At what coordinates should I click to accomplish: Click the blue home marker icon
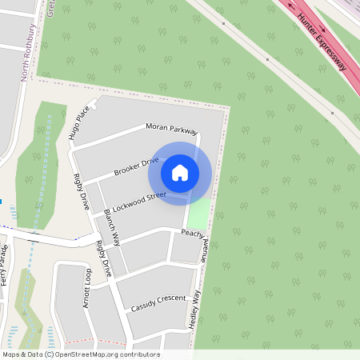click(180, 172)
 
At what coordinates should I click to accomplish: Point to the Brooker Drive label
click(136, 167)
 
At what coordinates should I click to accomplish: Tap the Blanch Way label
click(112, 226)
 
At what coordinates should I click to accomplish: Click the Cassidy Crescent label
click(158, 302)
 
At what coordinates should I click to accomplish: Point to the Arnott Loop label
click(88, 288)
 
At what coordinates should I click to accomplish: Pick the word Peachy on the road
click(193, 233)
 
